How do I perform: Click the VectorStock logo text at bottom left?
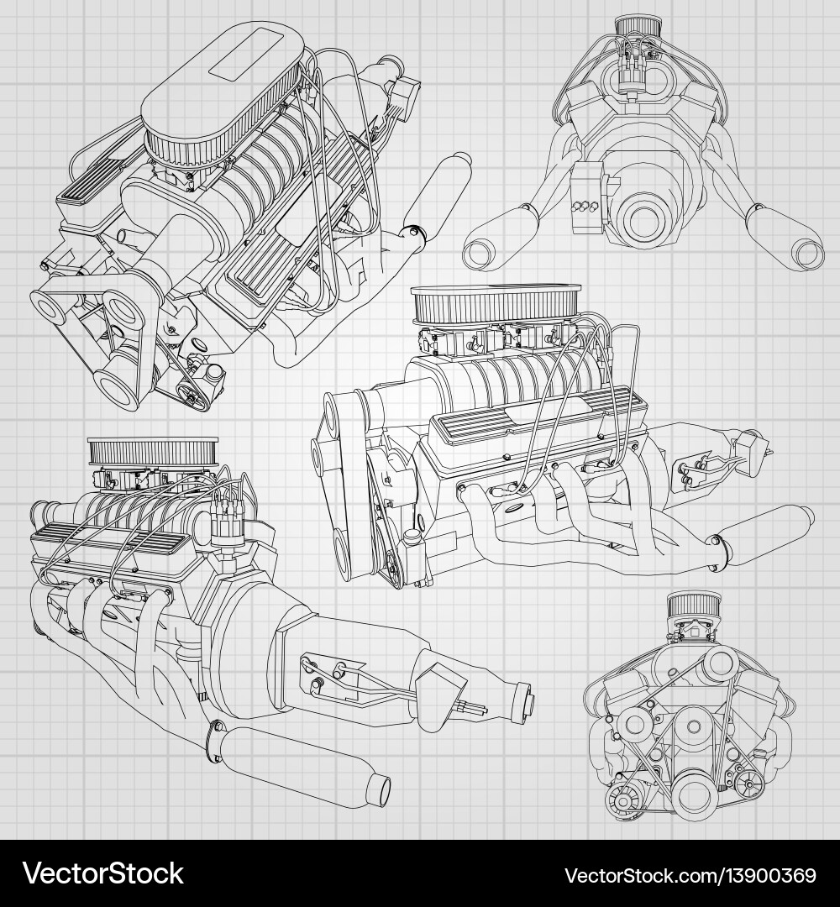102,874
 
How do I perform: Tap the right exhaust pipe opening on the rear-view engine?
807,252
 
